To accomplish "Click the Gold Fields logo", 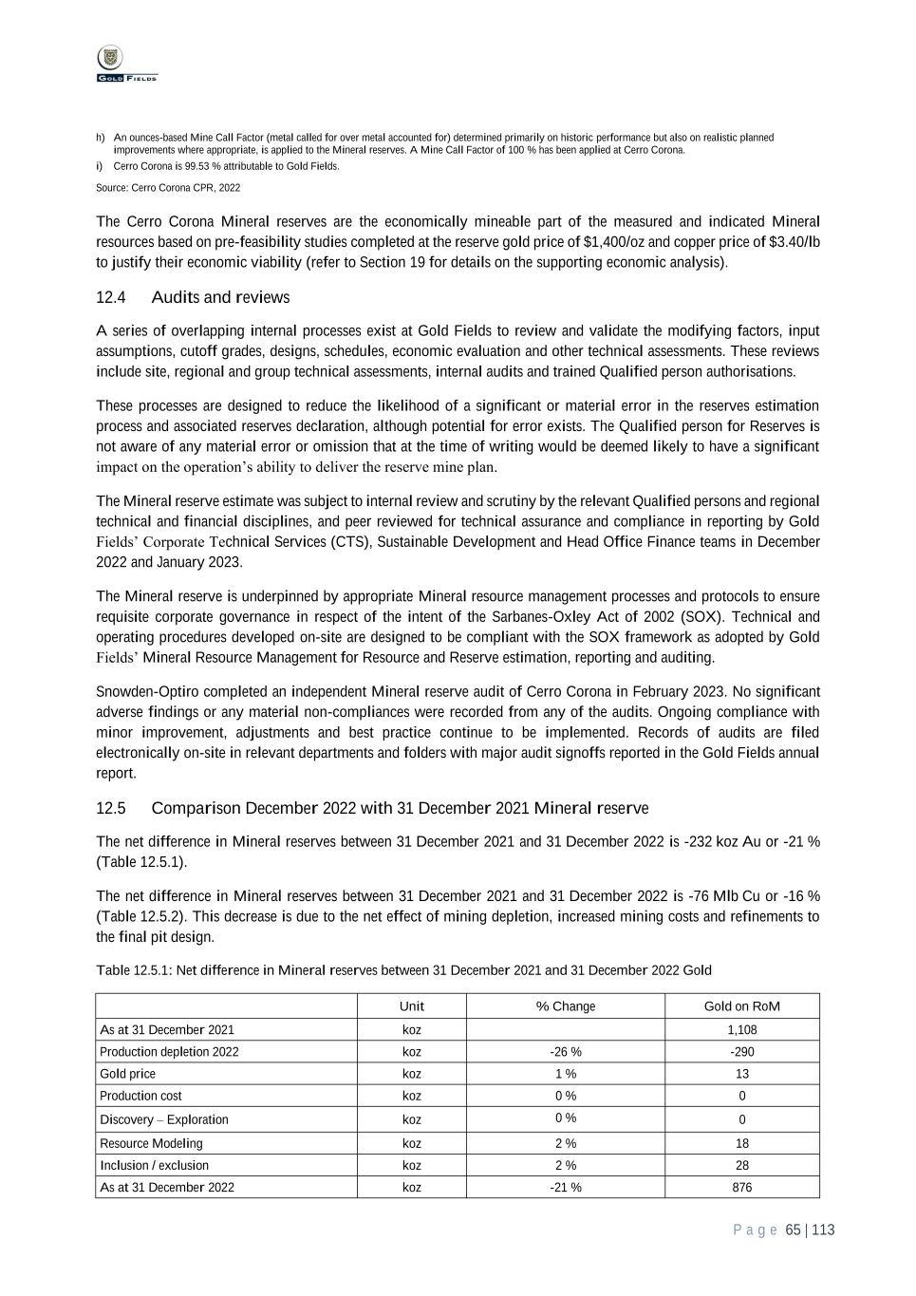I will [x=126, y=65].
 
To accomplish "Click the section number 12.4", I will [x=111, y=298].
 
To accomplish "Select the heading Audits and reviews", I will [x=220, y=298].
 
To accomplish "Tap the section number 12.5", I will [x=111, y=809].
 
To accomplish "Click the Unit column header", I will [x=412, y=1006].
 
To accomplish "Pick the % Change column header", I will [x=566, y=1006].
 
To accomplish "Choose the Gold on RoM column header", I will [x=742, y=1006].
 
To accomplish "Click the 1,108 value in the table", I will [x=742, y=1030].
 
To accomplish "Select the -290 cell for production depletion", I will [x=742, y=1052].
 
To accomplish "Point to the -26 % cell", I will [x=566, y=1052].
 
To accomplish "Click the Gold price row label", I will [x=128, y=1074].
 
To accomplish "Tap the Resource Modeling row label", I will [x=152, y=1144].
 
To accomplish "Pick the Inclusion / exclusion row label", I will [x=155, y=1166].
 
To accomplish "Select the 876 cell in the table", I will [x=742, y=1188].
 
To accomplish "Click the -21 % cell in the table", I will [x=566, y=1188].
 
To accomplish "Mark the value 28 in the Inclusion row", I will [x=742, y=1166].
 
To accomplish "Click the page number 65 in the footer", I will [x=794, y=1230].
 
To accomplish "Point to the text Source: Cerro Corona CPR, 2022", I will [x=168, y=189].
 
